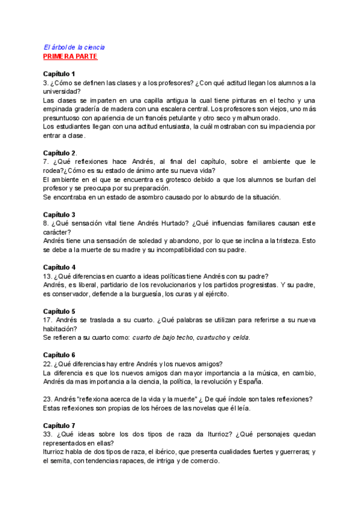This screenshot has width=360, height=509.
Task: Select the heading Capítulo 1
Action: coord(59,73)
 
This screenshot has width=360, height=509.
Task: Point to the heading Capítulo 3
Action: coord(59,214)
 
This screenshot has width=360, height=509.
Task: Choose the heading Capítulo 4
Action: coord(59,267)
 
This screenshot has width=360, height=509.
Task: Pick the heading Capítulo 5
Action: coord(59,311)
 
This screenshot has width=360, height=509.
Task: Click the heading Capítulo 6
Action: coord(59,355)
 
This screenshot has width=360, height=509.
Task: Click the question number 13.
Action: coord(47,276)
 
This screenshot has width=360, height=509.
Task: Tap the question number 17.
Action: coord(47,320)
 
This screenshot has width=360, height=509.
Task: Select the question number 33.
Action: coord(47,434)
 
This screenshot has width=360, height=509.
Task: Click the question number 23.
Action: coord(47,399)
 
